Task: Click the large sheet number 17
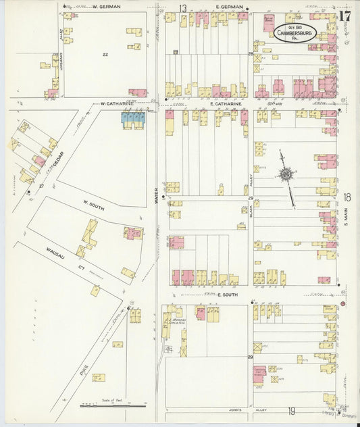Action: tap(345, 16)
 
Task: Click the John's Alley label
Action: tap(242, 409)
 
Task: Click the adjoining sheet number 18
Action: tap(347, 197)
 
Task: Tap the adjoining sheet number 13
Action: tap(182, 7)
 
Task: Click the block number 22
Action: tap(105, 54)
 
